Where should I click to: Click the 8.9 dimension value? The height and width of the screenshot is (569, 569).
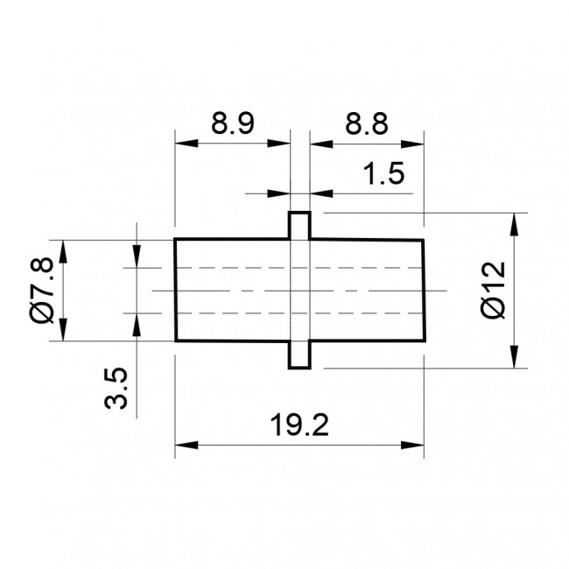233,123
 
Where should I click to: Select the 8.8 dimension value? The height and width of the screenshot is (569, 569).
367,123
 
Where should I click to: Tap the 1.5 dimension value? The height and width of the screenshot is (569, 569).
383,173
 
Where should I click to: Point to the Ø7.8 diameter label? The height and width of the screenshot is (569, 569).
43,290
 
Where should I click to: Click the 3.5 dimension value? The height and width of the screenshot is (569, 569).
116,389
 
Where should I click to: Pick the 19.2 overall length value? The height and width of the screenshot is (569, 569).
299,425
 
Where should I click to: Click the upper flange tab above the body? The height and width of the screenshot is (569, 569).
299,225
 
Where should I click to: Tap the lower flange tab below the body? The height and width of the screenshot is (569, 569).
299,355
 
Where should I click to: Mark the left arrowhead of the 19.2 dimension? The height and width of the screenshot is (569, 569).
186,445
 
